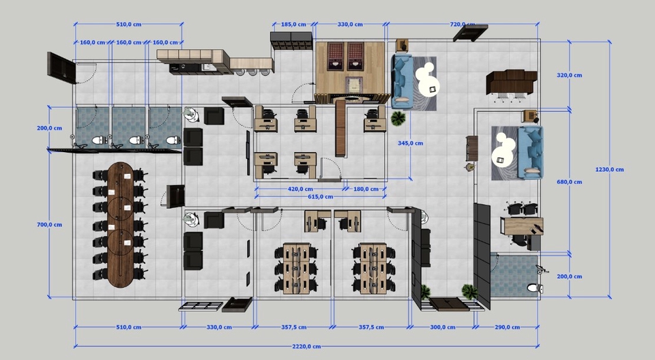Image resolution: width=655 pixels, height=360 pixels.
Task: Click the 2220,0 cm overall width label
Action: (306, 346)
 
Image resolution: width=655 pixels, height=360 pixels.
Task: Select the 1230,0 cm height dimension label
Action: (609, 170)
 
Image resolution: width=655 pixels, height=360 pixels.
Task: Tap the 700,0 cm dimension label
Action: (49, 225)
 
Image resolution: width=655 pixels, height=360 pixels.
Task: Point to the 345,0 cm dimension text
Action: (410, 143)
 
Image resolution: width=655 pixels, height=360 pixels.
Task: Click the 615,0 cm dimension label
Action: (321, 197)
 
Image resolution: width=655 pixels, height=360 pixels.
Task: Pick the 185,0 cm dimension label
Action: (293, 25)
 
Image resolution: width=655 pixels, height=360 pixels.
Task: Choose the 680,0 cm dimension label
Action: (569, 182)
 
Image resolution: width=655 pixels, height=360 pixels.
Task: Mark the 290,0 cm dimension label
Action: (507, 327)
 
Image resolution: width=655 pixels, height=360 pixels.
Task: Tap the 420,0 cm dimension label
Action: (300, 189)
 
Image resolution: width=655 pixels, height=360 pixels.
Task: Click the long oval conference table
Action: (121, 224)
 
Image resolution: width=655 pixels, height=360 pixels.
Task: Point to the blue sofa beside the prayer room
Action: (402, 82)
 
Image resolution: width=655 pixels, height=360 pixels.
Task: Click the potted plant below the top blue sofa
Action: (398, 119)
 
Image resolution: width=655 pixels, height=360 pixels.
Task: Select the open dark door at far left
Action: (61, 67)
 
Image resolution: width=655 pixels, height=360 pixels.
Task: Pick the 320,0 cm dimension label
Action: (569, 76)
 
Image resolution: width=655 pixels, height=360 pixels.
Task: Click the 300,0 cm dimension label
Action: (443, 327)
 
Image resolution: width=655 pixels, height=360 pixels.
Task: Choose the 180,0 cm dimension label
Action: (366, 189)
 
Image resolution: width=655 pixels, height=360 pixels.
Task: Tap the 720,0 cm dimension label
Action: (463, 25)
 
